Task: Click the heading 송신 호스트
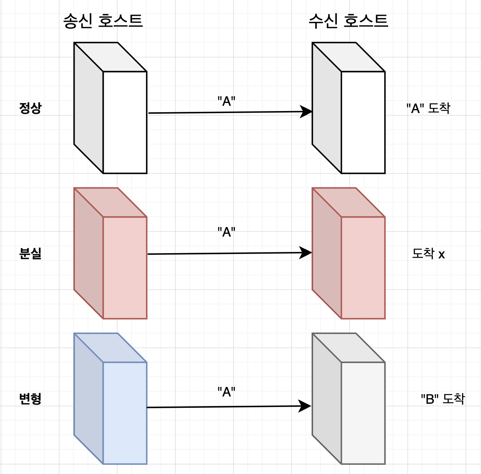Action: pos(103,21)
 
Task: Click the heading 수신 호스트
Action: pos(348,21)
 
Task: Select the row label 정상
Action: pos(30,108)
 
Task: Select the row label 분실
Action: pos(30,254)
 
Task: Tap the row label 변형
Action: pos(30,399)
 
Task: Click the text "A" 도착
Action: pos(428,108)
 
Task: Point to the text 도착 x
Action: pos(428,254)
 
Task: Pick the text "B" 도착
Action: pos(443,399)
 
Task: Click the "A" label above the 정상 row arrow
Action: pos(226,101)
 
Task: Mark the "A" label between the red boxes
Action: pos(226,232)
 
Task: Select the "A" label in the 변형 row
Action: pos(226,392)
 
